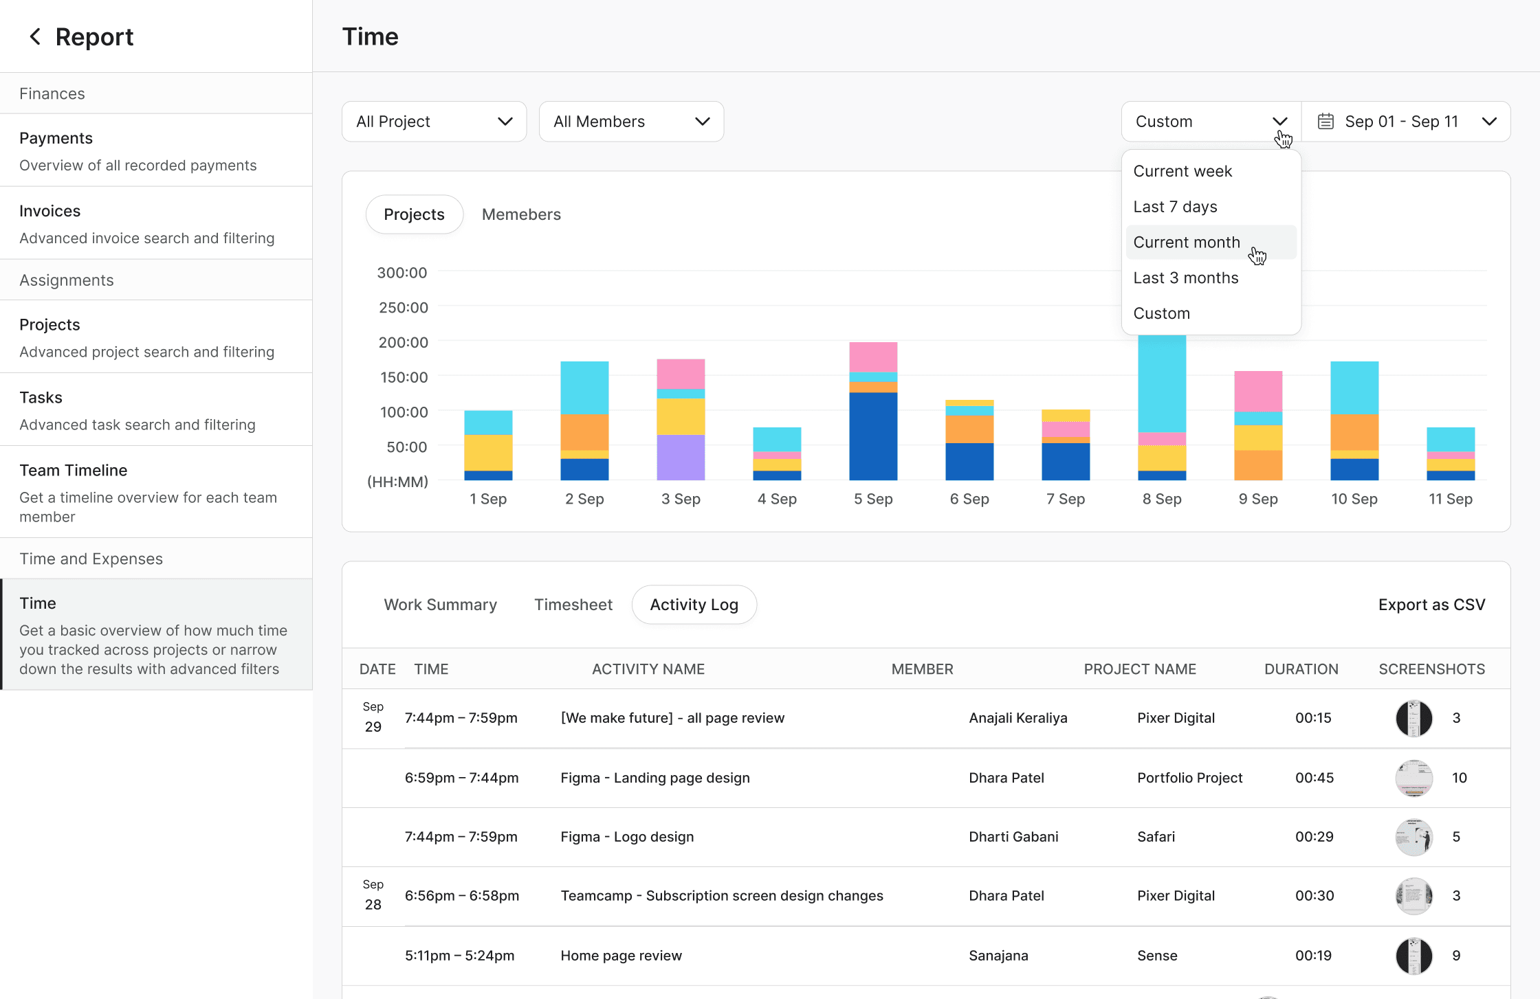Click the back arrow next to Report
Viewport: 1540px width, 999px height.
[x=35, y=36]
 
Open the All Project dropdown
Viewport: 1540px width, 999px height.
[x=434, y=122]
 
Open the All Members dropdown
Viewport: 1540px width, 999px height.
[x=631, y=122]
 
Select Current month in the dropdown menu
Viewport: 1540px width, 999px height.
[x=1187, y=243]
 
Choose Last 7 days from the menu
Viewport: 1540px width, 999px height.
[x=1175, y=207]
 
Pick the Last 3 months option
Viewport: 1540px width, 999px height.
[x=1186, y=278]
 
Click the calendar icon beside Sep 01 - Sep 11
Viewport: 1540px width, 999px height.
[x=1325, y=122]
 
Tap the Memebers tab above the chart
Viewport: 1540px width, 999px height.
[x=521, y=214]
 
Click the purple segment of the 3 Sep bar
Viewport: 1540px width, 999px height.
[x=681, y=458]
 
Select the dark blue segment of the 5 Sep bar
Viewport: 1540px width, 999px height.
[x=873, y=436]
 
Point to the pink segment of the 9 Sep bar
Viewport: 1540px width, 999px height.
[x=1258, y=392]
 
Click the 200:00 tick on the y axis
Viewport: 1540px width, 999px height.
[x=404, y=342]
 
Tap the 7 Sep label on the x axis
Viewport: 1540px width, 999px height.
[x=1066, y=499]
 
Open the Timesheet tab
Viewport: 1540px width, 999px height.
[x=573, y=605]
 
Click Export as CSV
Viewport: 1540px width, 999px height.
[x=1432, y=605]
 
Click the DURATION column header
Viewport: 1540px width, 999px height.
[x=1301, y=669]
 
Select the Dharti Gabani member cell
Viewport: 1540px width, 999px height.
[x=1013, y=837]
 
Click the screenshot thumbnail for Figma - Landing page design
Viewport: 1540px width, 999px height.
[x=1414, y=778]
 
